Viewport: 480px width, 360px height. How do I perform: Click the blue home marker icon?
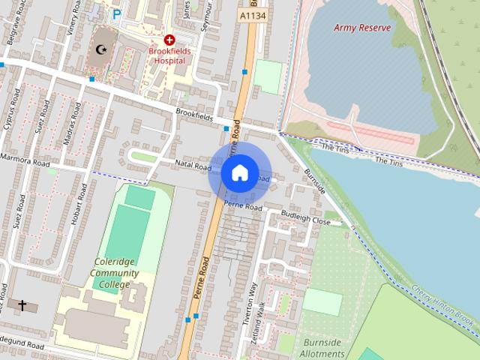tap(239, 172)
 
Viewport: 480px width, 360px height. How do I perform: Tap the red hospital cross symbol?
tap(169, 40)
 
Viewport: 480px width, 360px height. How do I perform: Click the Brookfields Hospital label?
tap(169, 58)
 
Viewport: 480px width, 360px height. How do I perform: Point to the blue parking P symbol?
tap(117, 13)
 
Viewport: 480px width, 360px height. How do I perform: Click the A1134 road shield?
tap(253, 14)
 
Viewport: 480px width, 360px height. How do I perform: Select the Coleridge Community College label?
tap(115, 274)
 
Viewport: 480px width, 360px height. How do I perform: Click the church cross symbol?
tap(22, 305)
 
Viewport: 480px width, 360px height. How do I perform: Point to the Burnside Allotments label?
tap(320, 348)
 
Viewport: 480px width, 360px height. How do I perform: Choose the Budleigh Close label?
tap(305, 218)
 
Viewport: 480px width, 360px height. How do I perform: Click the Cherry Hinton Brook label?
tap(446, 307)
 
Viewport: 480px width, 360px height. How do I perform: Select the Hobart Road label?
tap(73, 217)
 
